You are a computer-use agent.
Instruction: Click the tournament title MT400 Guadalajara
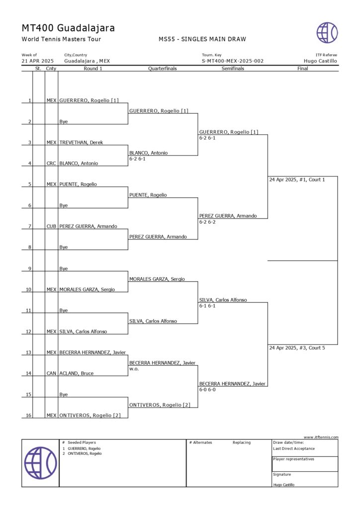pyautogui.click(x=68, y=28)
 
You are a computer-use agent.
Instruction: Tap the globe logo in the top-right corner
pyautogui.click(x=327, y=33)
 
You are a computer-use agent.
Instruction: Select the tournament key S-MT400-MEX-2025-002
pyautogui.click(x=232, y=61)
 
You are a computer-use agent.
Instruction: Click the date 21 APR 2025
pyautogui.click(x=37, y=61)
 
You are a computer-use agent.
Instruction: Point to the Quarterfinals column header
pyautogui.click(x=163, y=69)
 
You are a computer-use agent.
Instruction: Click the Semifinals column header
pyautogui.click(x=233, y=69)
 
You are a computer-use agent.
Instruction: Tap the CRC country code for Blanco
pyautogui.click(x=51, y=164)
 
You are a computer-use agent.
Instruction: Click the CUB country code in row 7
pyautogui.click(x=51, y=226)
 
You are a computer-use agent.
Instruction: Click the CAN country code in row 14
pyautogui.click(x=51, y=373)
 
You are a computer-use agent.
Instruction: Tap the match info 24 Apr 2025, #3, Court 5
pyautogui.click(x=297, y=348)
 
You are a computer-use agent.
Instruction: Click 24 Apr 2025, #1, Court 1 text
pyautogui.click(x=297, y=179)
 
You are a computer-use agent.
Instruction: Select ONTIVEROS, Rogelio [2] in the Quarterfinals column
pyautogui.click(x=160, y=405)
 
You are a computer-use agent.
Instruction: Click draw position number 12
pyautogui.click(x=29, y=332)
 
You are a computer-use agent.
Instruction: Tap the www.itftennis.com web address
pyautogui.click(x=321, y=437)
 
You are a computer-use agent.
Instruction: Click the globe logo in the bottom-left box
pyautogui.click(x=40, y=463)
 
